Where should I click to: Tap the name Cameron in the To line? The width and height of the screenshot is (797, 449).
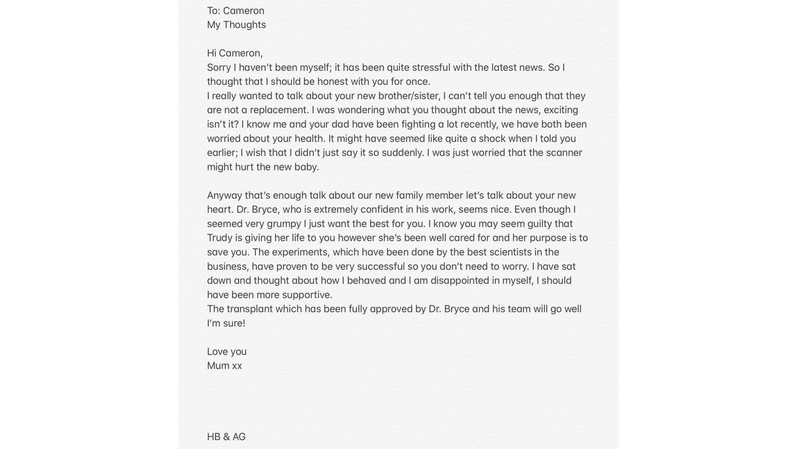[244, 10]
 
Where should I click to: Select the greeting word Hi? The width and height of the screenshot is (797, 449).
[212, 53]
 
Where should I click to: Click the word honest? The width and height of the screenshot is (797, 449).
[332, 81]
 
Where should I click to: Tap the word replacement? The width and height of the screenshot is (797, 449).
[279, 110]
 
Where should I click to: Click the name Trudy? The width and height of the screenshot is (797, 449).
[220, 238]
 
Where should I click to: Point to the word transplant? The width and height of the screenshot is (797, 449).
[250, 309]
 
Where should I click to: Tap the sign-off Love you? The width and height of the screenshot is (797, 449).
[227, 352]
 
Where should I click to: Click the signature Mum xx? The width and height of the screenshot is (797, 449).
[224, 366]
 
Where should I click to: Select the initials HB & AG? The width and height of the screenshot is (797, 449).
[226, 437]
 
